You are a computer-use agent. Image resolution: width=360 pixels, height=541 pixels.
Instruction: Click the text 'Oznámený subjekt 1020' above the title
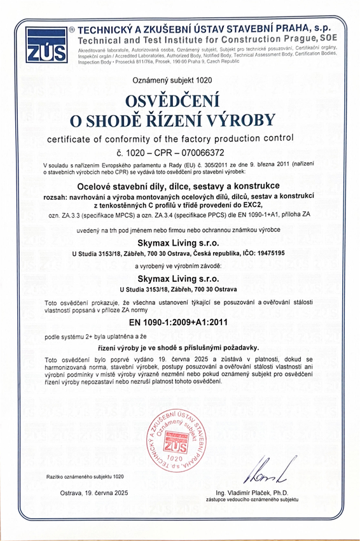180,80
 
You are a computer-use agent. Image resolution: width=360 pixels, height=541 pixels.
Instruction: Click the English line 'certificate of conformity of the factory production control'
179,137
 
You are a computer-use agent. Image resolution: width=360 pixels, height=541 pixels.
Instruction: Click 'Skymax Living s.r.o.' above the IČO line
180,242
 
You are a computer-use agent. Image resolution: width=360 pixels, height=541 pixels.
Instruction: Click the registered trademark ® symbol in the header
72,30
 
